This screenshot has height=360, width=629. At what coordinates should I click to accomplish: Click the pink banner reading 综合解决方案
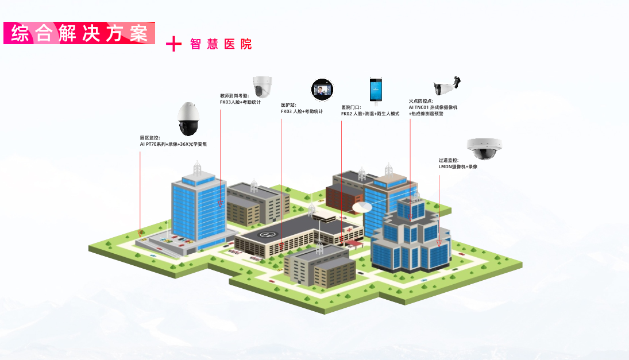tap(79, 33)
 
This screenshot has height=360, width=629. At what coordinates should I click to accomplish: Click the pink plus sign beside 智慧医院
tap(173, 44)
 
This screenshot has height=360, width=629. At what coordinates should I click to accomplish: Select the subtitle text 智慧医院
tap(221, 44)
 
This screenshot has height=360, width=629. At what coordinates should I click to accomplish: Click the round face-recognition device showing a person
tap(322, 90)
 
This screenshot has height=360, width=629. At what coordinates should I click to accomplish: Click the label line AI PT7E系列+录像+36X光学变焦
tap(173, 144)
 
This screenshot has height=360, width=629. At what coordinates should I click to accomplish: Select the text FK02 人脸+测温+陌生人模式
tap(370, 114)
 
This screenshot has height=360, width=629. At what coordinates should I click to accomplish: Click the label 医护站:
tap(288, 105)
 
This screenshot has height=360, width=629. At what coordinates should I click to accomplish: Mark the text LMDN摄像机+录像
tap(458, 167)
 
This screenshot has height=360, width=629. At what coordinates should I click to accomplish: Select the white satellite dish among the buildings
tap(362, 206)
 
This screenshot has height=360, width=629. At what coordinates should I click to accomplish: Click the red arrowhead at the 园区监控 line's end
tap(140, 233)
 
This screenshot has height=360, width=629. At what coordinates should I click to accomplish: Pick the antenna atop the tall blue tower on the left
tap(197, 168)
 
